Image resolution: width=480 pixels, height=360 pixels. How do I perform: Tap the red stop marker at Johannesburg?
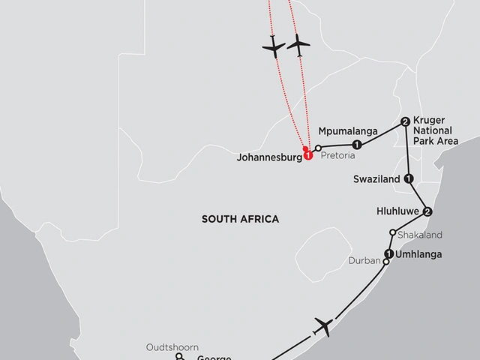click(x=307, y=157)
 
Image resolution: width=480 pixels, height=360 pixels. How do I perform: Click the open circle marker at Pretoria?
click(x=318, y=148)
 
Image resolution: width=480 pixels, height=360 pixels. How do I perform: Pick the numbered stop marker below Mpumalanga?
click(x=357, y=145)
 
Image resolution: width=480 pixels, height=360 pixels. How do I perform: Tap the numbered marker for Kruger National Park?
click(x=405, y=121)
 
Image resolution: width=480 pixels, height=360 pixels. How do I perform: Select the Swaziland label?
click(x=377, y=179)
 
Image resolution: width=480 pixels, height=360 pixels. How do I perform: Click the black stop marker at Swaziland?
click(x=409, y=178)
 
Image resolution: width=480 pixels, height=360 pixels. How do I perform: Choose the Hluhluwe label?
click(x=397, y=212)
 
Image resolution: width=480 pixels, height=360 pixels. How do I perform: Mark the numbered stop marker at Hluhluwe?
click(x=427, y=211)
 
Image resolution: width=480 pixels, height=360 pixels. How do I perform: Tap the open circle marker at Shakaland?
click(x=392, y=232)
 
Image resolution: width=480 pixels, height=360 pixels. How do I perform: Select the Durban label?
click(x=365, y=262)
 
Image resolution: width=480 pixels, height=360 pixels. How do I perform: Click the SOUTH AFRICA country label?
click(x=240, y=219)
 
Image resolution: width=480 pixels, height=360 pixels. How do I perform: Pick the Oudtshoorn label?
click(x=173, y=347)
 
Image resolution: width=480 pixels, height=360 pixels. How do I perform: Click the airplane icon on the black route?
click(x=324, y=326)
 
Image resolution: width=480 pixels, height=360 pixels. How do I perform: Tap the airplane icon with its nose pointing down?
click(x=274, y=46)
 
